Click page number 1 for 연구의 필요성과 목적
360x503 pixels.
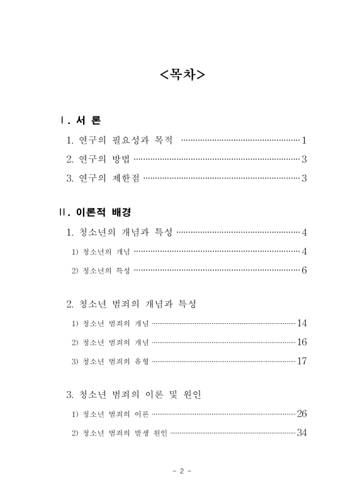(303, 140)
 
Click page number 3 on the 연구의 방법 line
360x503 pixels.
(303, 160)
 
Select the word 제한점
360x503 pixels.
(127, 179)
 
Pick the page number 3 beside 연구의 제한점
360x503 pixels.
(303, 179)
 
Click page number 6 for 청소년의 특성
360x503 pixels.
(303, 271)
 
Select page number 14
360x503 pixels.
(301, 324)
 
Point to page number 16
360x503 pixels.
(301, 343)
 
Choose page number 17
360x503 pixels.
(301, 362)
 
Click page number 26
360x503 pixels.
(301, 414)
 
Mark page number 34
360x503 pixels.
(301, 433)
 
